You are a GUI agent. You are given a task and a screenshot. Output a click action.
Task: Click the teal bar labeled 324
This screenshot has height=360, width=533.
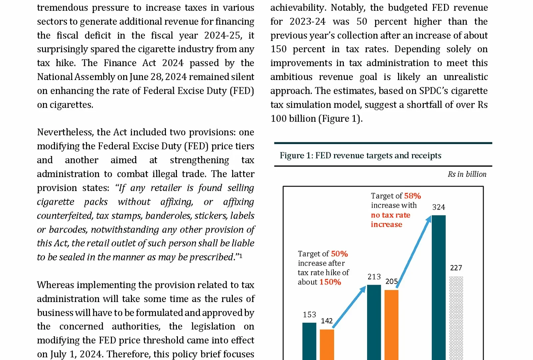[438, 287]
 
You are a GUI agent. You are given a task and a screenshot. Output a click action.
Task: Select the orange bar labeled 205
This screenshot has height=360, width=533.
[391, 325]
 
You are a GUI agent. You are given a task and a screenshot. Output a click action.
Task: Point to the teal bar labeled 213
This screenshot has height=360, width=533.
[374, 322]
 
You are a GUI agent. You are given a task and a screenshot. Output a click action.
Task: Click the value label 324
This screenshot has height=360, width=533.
[438, 207]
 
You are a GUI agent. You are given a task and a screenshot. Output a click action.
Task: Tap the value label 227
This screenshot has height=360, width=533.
[456, 268]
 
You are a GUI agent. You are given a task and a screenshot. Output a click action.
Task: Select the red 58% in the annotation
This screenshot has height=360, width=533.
[412, 196]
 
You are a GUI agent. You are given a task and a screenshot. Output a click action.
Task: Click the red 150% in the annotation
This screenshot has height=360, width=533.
[330, 282]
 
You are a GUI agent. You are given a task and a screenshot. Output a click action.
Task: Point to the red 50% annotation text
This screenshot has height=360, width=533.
[339, 254]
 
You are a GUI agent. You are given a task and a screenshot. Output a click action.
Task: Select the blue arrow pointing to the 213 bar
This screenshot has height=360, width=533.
[349, 307]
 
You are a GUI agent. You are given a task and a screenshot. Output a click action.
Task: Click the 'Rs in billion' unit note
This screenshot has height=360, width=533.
[467, 174]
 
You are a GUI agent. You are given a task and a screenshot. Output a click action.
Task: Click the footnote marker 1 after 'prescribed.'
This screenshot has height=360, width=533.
[241, 256]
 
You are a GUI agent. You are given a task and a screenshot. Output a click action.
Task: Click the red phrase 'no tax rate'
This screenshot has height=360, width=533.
[390, 215]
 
